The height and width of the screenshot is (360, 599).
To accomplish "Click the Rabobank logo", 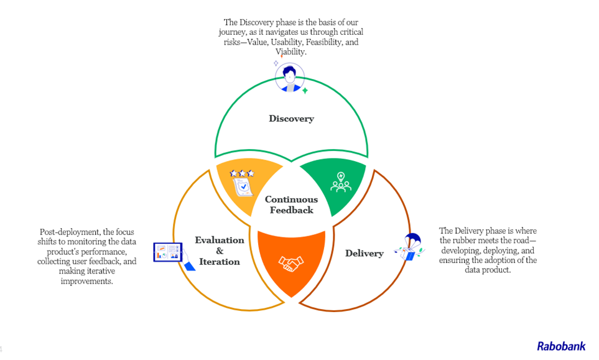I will point(561,346).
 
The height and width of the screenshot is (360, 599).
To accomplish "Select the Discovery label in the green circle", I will point(291,118).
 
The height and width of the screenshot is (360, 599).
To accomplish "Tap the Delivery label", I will point(364,253).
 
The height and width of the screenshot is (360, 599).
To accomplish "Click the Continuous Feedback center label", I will point(291,205).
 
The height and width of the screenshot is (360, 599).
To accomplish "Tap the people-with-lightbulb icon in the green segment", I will point(340,181).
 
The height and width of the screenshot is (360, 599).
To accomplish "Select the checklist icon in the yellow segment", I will point(241,185).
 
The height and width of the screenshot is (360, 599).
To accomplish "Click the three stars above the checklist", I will point(241,173).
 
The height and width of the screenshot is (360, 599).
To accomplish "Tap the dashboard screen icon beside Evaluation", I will point(168,252).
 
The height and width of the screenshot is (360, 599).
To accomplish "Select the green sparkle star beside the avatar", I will point(305,90).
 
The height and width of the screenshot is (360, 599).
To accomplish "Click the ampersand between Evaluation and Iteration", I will point(219,251).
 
